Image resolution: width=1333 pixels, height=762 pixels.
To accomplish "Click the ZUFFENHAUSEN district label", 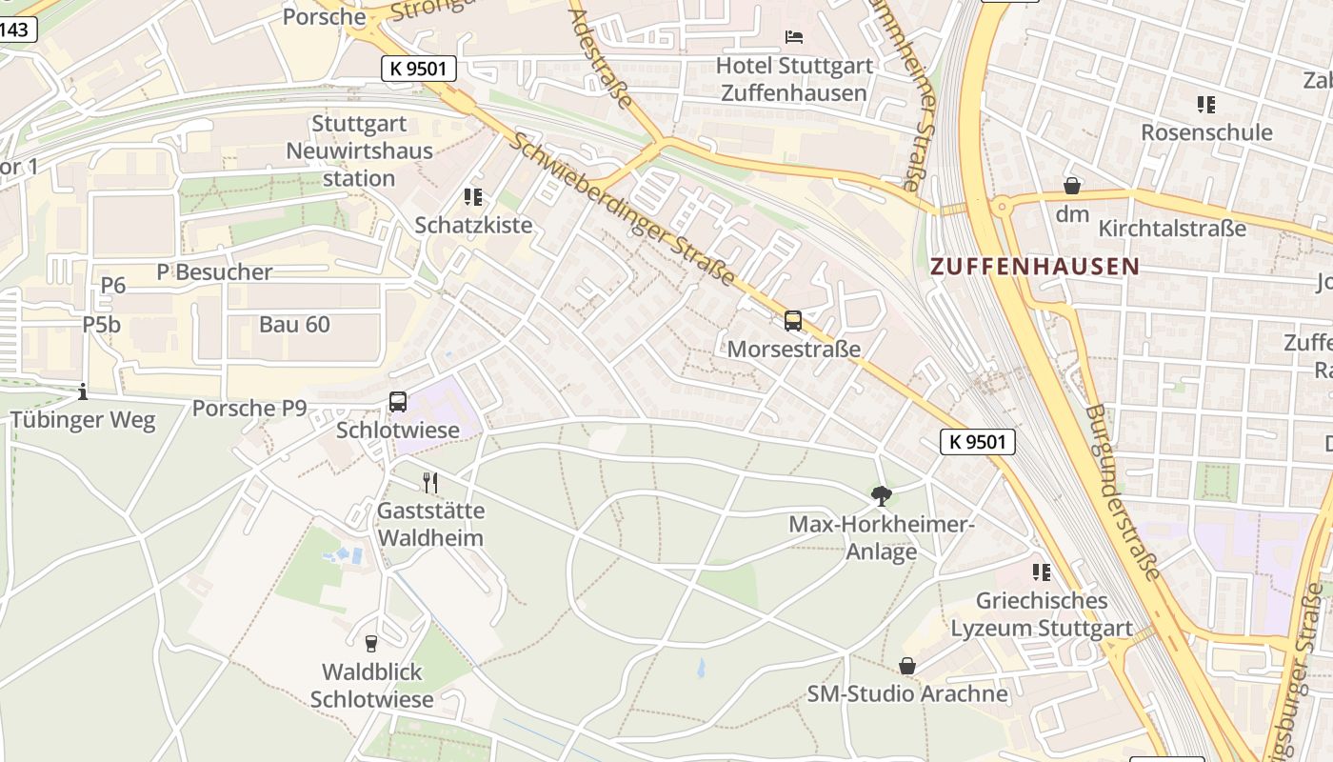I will (1034, 267).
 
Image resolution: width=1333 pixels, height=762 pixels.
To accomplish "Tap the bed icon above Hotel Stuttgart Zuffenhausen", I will (794, 37).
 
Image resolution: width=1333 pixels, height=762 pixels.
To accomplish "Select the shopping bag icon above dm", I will (1072, 186).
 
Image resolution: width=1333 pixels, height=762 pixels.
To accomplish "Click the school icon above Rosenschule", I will (1206, 104).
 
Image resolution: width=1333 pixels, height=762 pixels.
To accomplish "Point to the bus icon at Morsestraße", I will (793, 321).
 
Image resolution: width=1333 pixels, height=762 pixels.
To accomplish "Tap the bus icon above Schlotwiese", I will (398, 402).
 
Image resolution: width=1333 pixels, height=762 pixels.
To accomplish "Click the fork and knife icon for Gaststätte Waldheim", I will (430, 483).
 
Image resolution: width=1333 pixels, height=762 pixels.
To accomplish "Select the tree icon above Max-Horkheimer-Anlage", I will (882, 495).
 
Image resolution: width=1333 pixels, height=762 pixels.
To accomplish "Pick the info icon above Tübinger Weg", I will (83, 391).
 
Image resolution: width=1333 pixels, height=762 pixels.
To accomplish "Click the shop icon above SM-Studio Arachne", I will (907, 666).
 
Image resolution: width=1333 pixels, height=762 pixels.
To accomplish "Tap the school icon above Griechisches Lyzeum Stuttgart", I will (1042, 572).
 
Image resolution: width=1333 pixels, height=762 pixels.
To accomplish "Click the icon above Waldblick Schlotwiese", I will (371, 644).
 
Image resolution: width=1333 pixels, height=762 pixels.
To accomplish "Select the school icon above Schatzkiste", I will (473, 197).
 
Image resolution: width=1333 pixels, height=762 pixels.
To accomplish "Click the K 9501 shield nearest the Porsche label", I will (419, 69).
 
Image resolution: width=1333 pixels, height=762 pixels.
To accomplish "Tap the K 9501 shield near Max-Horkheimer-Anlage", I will (978, 442).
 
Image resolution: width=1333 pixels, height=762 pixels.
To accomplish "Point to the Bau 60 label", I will (294, 325).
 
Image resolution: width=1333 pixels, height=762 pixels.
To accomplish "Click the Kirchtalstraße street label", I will (1172, 229).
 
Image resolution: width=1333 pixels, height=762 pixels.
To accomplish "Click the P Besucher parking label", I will (214, 272).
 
